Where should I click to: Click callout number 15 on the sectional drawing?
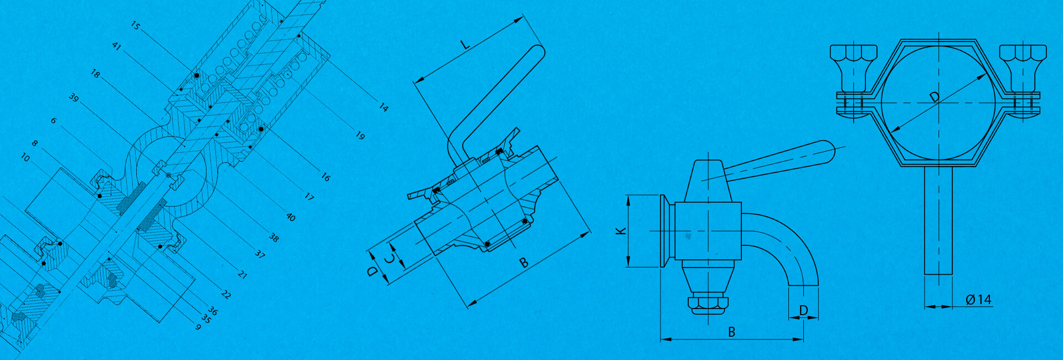[136, 25]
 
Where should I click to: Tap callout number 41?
[116, 46]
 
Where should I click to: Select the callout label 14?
[384, 107]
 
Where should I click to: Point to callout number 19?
[360, 136]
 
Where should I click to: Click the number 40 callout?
[291, 217]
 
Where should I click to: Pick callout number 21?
[242, 274]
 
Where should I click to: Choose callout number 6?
[54, 121]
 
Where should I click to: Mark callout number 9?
[198, 327]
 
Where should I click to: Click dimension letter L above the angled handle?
[466, 44]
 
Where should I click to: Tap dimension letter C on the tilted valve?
[391, 259]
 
